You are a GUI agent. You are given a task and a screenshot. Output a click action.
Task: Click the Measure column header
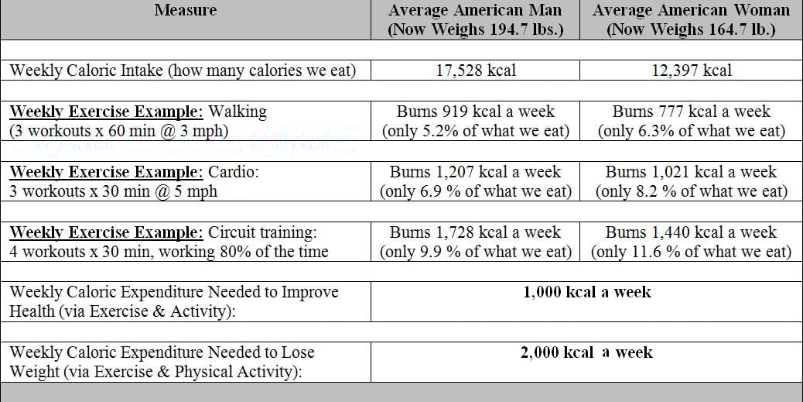[x=186, y=10]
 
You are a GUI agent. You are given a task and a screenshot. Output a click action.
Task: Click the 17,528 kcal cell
[x=475, y=70]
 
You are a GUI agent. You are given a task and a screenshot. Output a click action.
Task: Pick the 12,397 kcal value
[x=691, y=70]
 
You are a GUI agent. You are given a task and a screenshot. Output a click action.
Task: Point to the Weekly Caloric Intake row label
[x=183, y=70]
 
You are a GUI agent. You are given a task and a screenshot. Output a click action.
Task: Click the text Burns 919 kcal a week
[x=475, y=112]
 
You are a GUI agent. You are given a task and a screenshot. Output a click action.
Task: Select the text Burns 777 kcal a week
[x=691, y=112]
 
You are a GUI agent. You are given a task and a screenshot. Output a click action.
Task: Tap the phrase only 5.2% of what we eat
[x=475, y=131]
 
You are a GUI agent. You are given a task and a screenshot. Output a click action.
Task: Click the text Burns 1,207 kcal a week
[x=475, y=172]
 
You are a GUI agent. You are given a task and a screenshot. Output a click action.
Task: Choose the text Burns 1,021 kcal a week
[x=691, y=172]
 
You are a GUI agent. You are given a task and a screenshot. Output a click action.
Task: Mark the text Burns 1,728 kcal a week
[x=475, y=232]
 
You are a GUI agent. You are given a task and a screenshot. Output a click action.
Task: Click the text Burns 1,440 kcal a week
[x=691, y=232]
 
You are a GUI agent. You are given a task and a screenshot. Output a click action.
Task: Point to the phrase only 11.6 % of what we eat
[x=691, y=252]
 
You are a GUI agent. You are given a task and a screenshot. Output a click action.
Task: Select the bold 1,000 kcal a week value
[x=586, y=292]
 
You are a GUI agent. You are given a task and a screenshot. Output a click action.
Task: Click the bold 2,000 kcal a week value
[x=586, y=352]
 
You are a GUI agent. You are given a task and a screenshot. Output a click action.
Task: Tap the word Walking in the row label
[x=237, y=112]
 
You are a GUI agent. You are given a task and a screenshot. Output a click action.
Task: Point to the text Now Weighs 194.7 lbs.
[x=475, y=30]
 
